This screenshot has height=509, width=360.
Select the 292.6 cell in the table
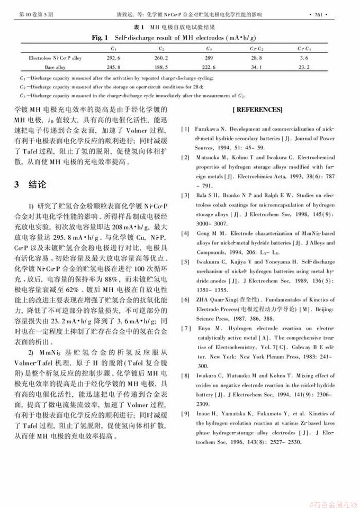114,57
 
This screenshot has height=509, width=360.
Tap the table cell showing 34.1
257,67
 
